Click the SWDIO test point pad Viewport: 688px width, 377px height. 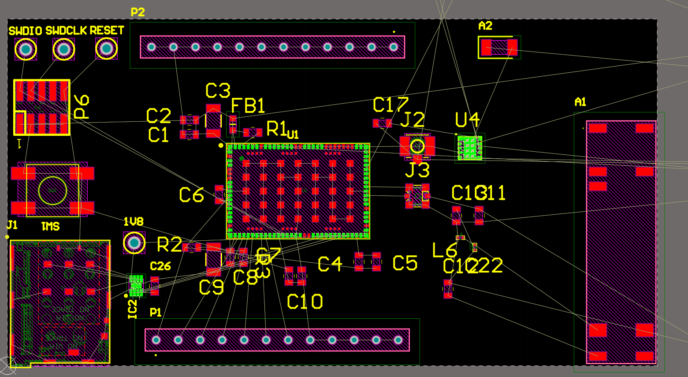pyautogui.click(x=26, y=49)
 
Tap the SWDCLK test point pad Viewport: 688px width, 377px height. pyautogui.click(x=64, y=49)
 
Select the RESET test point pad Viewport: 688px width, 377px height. pyautogui.click(x=106, y=48)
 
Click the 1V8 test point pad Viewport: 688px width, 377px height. pyautogui.click(x=134, y=243)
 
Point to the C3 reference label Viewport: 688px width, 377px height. pyautogui.click(x=218, y=91)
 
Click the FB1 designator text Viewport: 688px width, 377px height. pyautogui.click(x=248, y=106)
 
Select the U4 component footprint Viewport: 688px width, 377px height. pyautogui.click(x=470, y=148)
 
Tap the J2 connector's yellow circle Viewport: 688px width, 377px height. pyautogui.click(x=417, y=146)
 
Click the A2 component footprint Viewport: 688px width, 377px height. pyautogui.click(x=499, y=47)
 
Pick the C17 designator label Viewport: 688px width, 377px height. pyautogui.click(x=390, y=105)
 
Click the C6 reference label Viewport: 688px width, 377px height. pyautogui.click(x=191, y=195)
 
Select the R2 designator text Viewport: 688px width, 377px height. pyautogui.click(x=169, y=245)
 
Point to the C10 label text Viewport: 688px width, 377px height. pyautogui.click(x=305, y=302)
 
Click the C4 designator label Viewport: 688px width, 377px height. pyautogui.click(x=330, y=264)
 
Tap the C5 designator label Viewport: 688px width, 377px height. pyautogui.click(x=405, y=263)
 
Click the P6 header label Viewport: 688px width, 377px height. pyautogui.click(x=82, y=107)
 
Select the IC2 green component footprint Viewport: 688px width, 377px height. pyautogui.click(x=136, y=286)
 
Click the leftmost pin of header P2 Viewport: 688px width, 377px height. pyautogui.click(x=152, y=47)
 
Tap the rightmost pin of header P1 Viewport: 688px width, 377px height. pyautogui.click(x=398, y=340)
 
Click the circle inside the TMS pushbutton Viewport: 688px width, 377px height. pyautogui.click(x=52, y=190)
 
